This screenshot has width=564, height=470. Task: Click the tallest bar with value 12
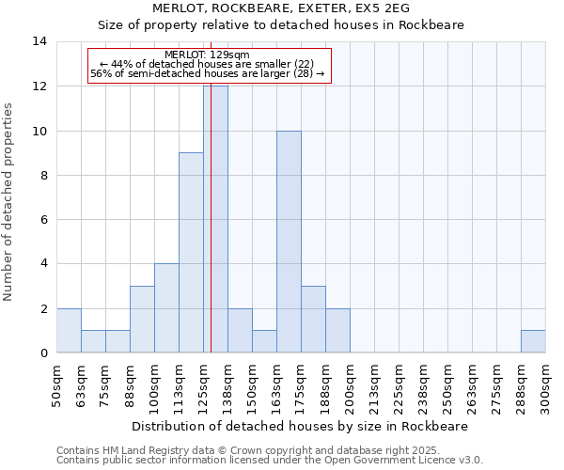(215, 219)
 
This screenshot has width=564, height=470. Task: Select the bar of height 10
(289, 242)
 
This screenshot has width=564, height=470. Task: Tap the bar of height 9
(191, 253)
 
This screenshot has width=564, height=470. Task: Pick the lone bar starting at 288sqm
(533, 341)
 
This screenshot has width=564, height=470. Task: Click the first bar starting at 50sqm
(69, 330)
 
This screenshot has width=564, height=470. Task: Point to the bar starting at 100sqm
(166, 308)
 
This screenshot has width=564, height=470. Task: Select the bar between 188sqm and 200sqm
(337, 330)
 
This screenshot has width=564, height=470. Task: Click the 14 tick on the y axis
(39, 41)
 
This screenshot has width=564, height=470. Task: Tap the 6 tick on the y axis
(43, 220)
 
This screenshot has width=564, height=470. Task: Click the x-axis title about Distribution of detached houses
(301, 426)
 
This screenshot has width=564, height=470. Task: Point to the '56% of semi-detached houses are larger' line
(208, 74)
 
